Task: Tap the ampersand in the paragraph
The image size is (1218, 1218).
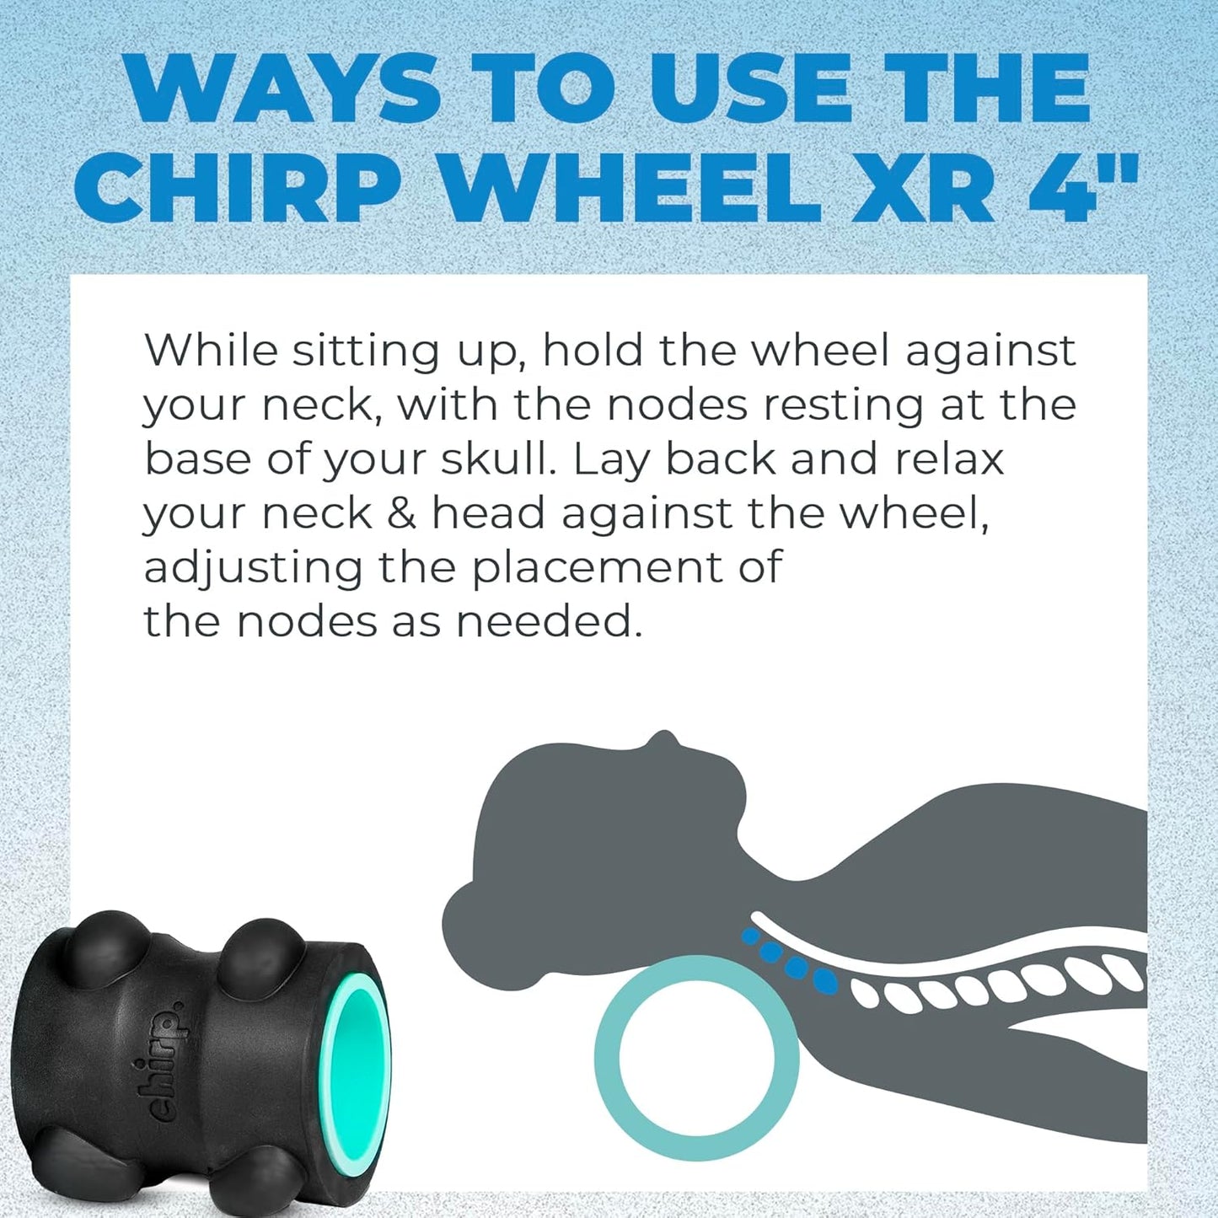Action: [x=401, y=513]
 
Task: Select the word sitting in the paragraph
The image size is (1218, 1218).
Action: [x=366, y=351]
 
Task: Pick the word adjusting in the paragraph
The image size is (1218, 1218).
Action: [x=253, y=569]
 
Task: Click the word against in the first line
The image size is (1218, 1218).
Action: [x=991, y=351]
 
